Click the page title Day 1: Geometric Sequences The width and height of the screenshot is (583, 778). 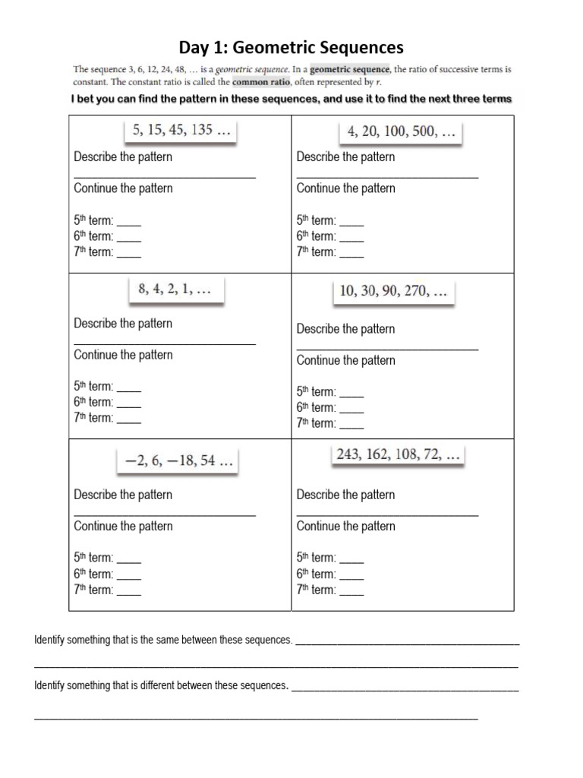pyautogui.click(x=291, y=48)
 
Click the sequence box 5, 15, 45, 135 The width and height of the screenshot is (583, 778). pyautogui.click(x=181, y=131)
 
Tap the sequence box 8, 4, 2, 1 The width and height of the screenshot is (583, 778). pyautogui.click(x=175, y=290)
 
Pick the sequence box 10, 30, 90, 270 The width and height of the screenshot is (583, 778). pyautogui.click(x=393, y=291)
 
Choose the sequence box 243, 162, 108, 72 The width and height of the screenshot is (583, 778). pyautogui.click(x=398, y=456)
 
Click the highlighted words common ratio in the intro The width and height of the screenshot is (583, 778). pyautogui.click(x=261, y=82)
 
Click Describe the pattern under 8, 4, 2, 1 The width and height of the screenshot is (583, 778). pyautogui.click(x=123, y=324)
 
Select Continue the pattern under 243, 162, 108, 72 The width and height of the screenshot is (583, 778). pyautogui.click(x=345, y=527)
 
